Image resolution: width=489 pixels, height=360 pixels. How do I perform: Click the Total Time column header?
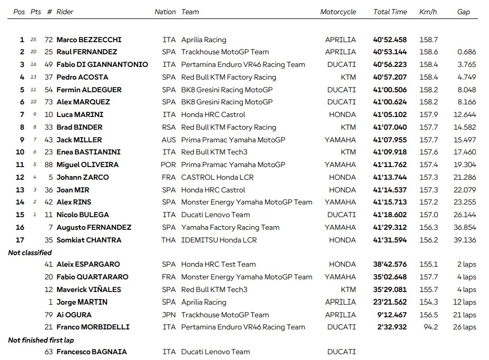(390, 12)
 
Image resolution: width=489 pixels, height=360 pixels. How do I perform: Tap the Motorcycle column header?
(338, 12)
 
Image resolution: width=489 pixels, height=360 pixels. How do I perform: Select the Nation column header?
(165, 12)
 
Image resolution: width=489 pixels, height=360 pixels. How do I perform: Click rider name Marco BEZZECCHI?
(89, 40)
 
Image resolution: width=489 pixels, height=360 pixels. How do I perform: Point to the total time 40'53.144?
(390, 52)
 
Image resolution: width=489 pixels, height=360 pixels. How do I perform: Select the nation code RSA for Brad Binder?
(169, 127)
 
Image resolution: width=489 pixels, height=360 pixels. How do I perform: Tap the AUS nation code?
(169, 140)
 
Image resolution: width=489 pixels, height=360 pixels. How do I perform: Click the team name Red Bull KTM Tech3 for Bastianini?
(214, 152)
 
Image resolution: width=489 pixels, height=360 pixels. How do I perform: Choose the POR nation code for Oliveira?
(169, 165)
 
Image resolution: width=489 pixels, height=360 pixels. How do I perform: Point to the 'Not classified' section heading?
(30, 252)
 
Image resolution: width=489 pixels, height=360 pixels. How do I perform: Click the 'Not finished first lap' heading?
(41, 340)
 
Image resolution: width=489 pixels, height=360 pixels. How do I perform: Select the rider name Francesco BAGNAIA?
(92, 352)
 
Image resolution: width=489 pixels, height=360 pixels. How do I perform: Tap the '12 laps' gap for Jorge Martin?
(464, 302)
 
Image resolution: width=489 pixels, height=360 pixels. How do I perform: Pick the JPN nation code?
(169, 315)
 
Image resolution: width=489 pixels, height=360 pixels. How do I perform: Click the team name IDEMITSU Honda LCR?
(219, 240)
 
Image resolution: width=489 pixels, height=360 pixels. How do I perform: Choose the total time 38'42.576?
(390, 265)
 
